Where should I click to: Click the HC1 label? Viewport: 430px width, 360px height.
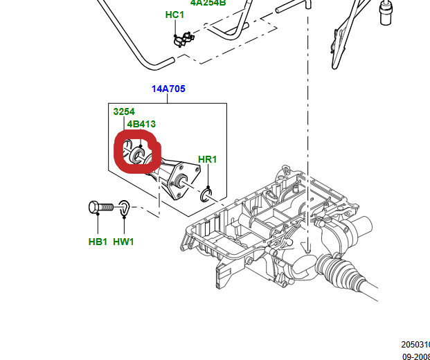174,15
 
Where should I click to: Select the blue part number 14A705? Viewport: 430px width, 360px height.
168,89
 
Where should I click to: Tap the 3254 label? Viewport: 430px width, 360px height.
124,111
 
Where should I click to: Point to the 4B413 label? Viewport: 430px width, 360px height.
141,125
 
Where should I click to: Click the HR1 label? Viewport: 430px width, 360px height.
208,160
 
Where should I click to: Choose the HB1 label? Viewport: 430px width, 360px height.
98,242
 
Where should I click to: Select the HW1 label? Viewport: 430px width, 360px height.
123,242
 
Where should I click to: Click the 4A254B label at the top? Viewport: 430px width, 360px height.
208,2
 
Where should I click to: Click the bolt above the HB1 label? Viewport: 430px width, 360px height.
100,206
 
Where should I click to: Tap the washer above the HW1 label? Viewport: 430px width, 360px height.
123,206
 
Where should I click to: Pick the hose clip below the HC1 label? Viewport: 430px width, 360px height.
182,37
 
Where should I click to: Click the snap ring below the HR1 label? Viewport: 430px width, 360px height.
207,195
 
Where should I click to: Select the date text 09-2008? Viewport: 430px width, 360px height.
416,356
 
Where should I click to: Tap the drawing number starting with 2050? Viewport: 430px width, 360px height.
415,344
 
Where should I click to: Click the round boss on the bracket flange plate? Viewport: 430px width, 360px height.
184,182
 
